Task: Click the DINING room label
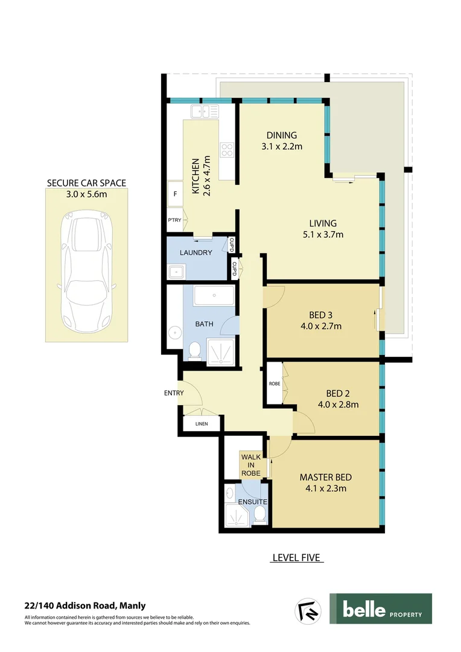[x=282, y=135]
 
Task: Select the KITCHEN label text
[x=196, y=176]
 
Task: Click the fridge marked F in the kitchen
[x=175, y=194]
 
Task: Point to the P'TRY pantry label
[x=174, y=220]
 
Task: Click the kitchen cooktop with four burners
[x=227, y=150]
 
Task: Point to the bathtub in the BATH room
[x=214, y=297]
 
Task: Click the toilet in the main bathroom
[x=194, y=351]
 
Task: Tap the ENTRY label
[x=174, y=393]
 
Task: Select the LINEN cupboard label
[x=202, y=424]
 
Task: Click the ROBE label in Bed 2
[x=275, y=383]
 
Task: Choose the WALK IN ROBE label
[x=251, y=465]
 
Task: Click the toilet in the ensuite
[x=259, y=514]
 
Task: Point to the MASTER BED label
[x=326, y=478]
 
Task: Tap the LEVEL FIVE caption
[x=296, y=557]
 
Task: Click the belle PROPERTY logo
[x=380, y=609]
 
